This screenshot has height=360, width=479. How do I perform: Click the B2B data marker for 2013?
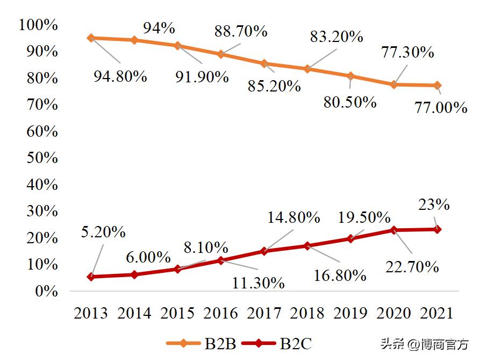click(91, 38)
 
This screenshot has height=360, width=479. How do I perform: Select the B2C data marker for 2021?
click(438, 229)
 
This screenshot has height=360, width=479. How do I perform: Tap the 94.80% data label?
click(120, 76)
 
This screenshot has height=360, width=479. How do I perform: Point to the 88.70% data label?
click(241, 31)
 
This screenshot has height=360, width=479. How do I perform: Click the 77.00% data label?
click(441, 108)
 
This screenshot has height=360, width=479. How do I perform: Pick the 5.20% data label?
click(103, 232)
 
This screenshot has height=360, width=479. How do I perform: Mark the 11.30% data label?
click(259, 283)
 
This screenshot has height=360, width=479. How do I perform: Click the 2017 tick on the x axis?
click(264, 313)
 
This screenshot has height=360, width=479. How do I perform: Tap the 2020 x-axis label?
click(394, 313)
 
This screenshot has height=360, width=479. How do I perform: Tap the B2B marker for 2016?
click(221, 54)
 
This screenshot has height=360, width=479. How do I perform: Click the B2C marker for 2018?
click(308, 246)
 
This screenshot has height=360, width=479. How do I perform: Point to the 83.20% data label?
click(337, 37)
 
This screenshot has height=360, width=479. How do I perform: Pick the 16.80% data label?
click(340, 276)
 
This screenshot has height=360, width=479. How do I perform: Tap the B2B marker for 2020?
click(394, 84)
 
